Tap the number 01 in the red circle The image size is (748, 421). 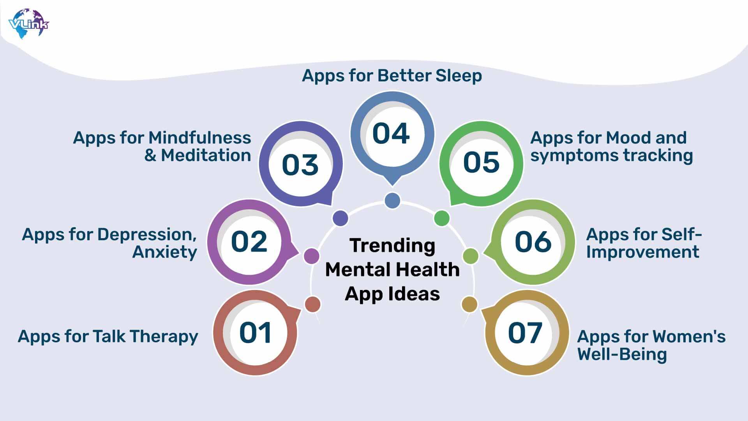click(x=255, y=333)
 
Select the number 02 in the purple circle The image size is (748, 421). click(x=249, y=242)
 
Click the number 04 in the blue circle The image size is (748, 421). click(x=391, y=134)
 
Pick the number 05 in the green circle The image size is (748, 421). click(x=482, y=162)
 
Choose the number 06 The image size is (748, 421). click(x=533, y=242)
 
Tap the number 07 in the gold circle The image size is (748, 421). click(x=525, y=333)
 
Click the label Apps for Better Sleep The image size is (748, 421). click(x=392, y=76)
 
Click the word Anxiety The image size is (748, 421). click(x=165, y=252)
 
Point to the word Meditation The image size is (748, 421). click(x=206, y=156)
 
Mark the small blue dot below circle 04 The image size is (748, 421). click(x=392, y=200)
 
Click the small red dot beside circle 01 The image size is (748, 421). click(x=312, y=304)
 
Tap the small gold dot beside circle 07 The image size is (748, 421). click(x=469, y=304)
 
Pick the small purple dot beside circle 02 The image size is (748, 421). click(x=311, y=256)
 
